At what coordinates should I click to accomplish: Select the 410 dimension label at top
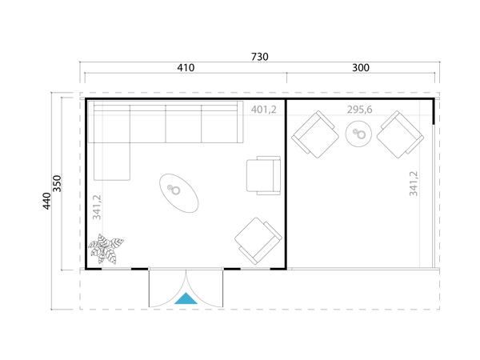pyautogui.click(x=186, y=69)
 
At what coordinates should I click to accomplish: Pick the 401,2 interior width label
pyautogui.click(x=263, y=109)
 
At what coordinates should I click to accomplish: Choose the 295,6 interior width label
pyautogui.click(x=359, y=109)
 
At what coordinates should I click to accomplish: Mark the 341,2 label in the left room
pyautogui.click(x=98, y=206)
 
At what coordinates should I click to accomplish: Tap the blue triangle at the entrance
pyautogui.click(x=186, y=299)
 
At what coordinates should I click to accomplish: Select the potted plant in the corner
pyautogui.click(x=106, y=249)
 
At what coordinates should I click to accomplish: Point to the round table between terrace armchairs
pyautogui.click(x=358, y=134)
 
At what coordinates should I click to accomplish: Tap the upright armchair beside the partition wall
pyautogui.click(x=263, y=175)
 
